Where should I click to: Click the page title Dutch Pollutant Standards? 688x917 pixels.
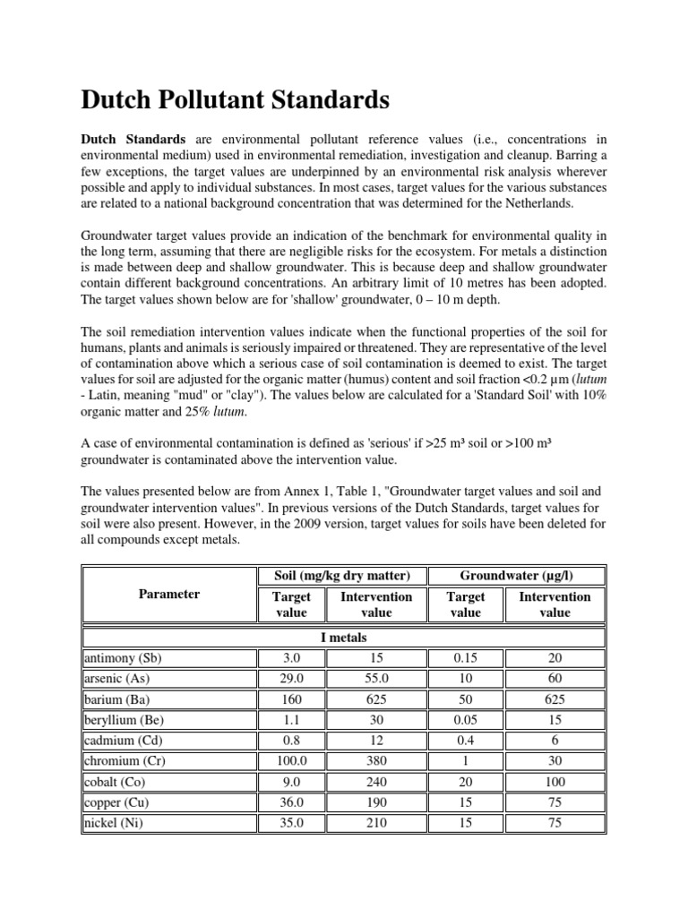tap(236, 100)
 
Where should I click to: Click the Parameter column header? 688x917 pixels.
tap(169, 594)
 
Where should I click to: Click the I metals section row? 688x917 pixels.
tap(344, 637)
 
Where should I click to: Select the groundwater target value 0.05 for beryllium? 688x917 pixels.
tap(465, 719)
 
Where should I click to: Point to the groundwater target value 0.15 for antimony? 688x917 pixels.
tap(465, 657)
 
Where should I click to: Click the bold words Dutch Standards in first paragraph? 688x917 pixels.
tap(133, 140)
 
